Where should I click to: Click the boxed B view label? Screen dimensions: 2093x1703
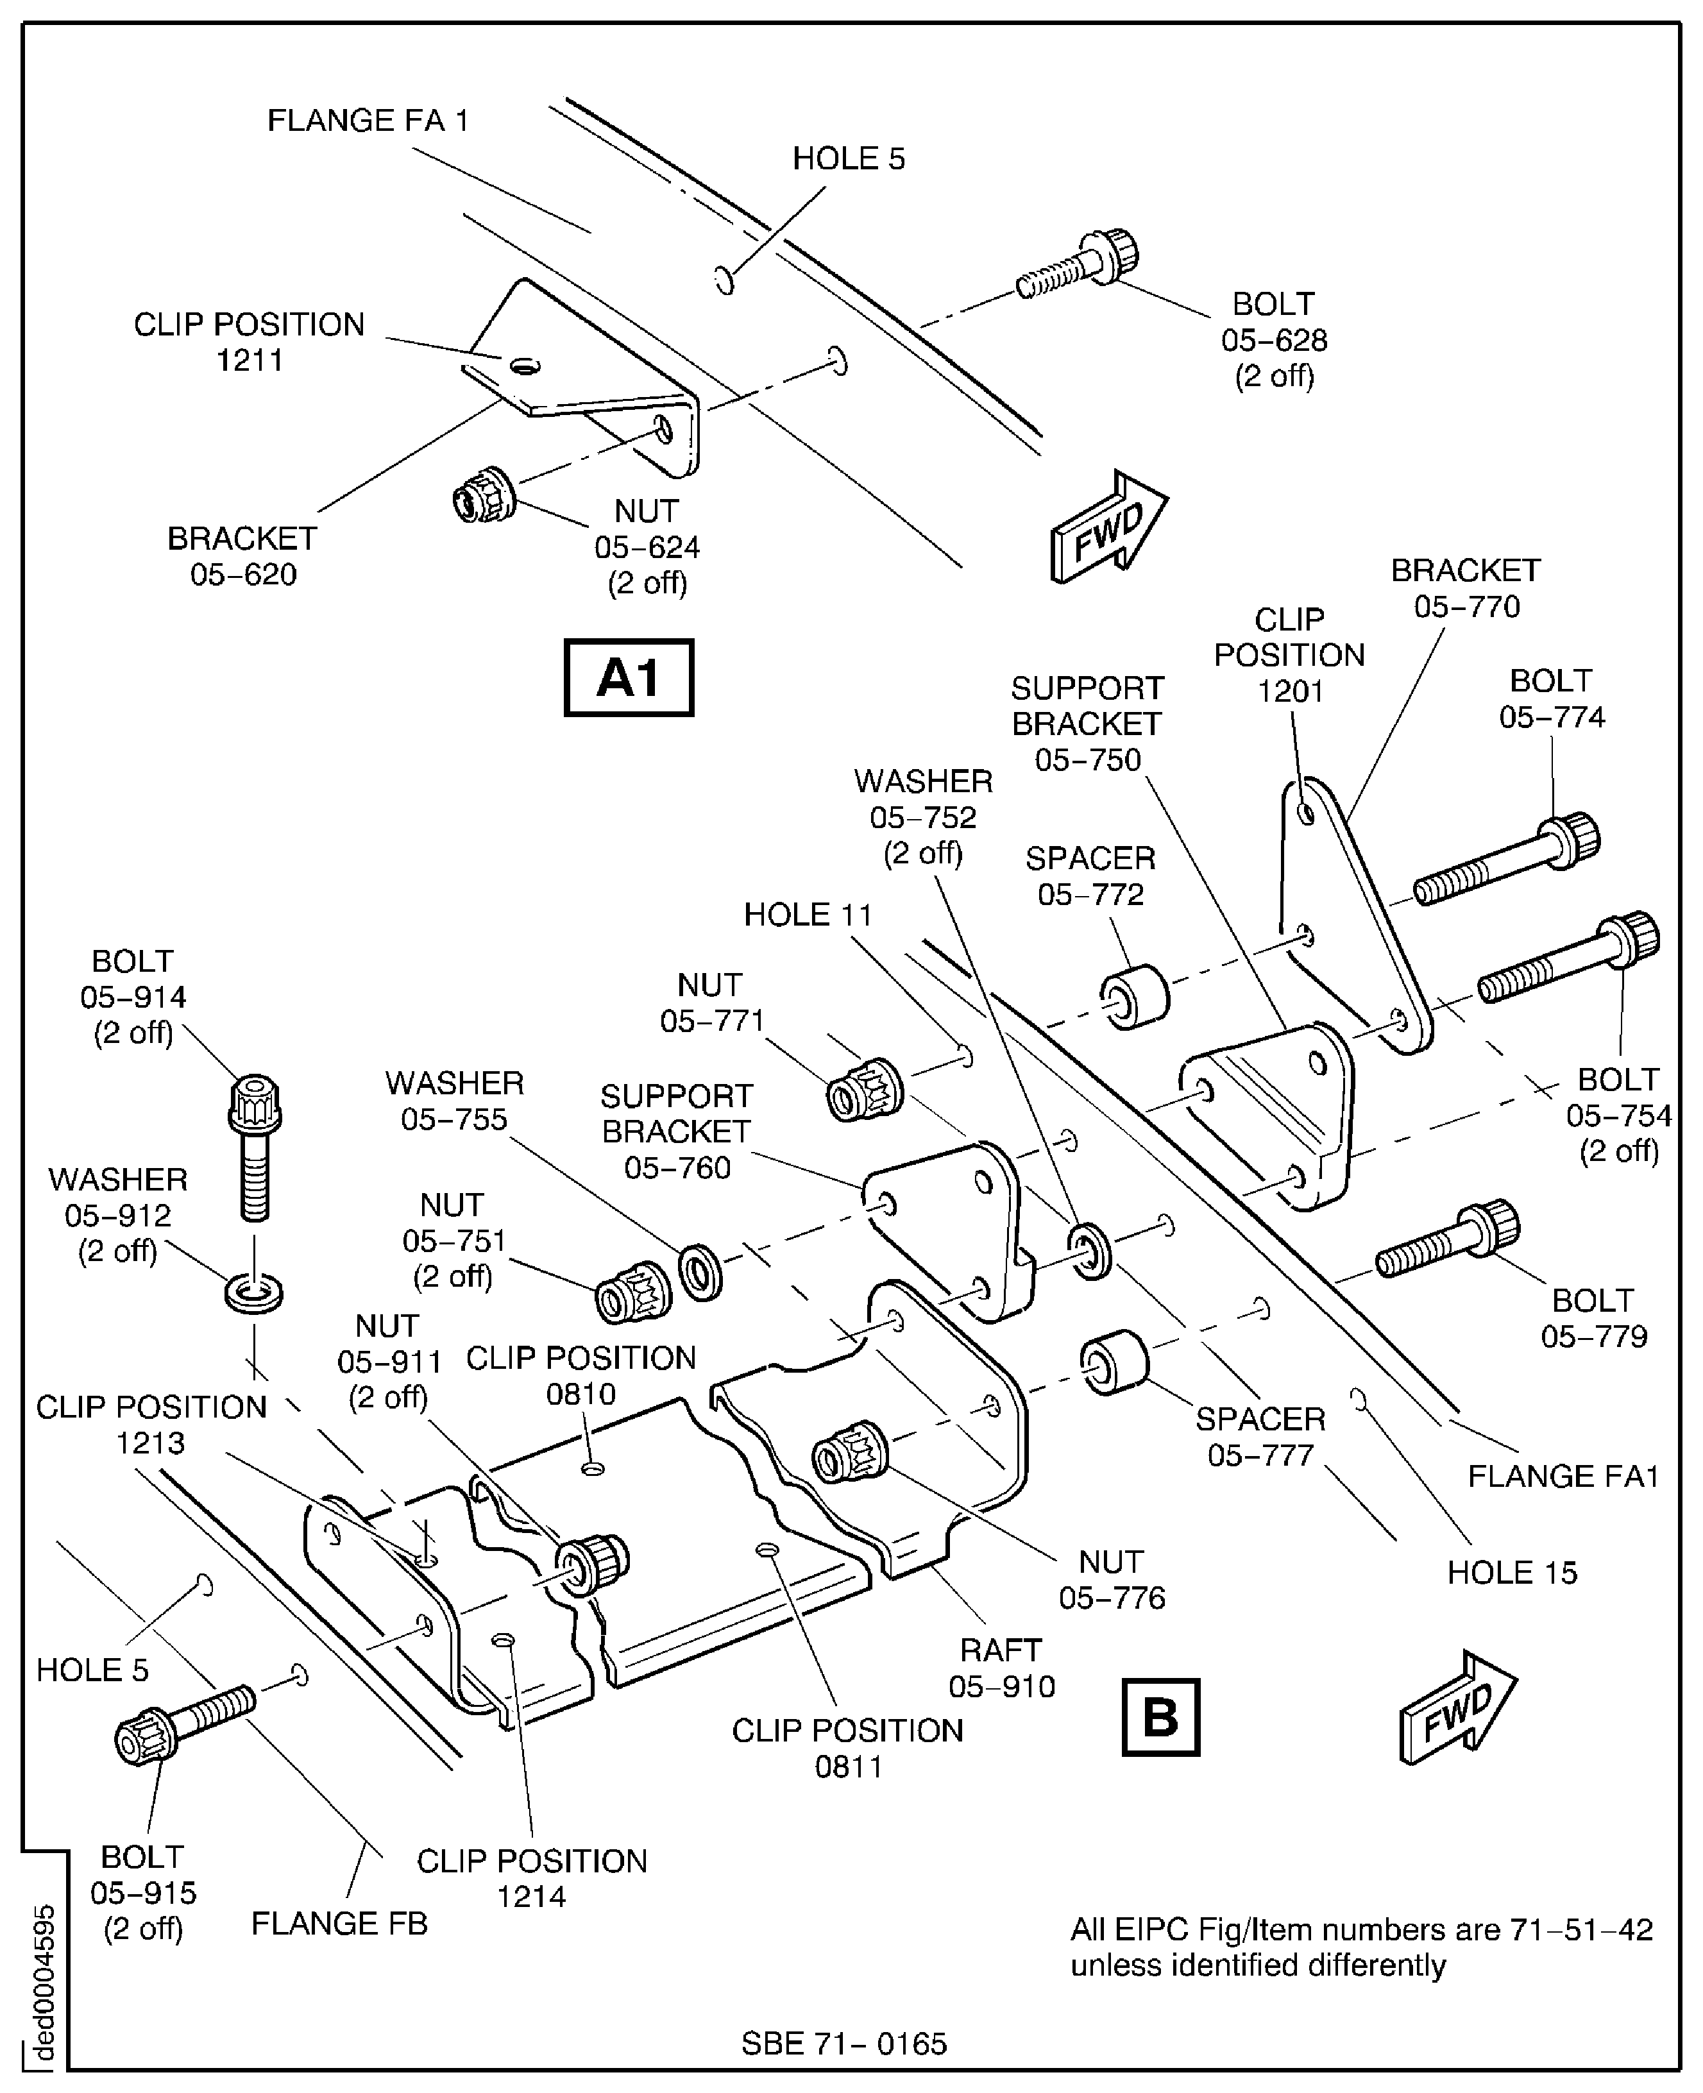(x=1160, y=1716)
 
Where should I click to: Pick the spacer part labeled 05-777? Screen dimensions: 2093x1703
(x=1114, y=1363)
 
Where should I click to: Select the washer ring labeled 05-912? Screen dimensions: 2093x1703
(x=254, y=1292)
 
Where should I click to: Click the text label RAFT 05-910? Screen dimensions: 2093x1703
(x=1001, y=1667)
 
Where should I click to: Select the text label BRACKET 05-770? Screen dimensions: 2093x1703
(x=1466, y=588)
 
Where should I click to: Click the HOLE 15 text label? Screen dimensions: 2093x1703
(x=1512, y=1572)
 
